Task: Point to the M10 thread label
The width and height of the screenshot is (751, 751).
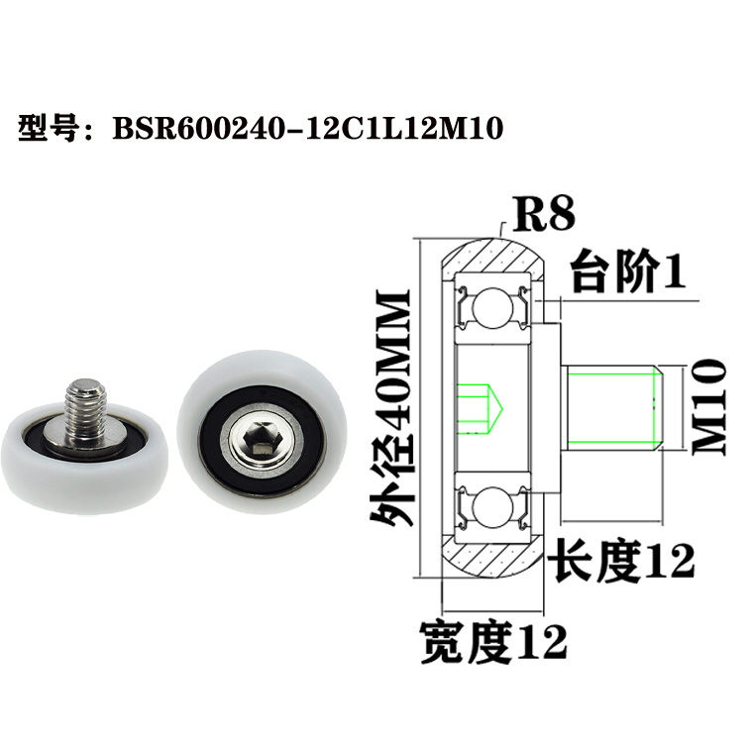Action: point(709,406)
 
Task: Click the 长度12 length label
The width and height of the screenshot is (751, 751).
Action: point(622,562)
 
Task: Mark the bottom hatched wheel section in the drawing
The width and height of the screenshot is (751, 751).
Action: point(491,560)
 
